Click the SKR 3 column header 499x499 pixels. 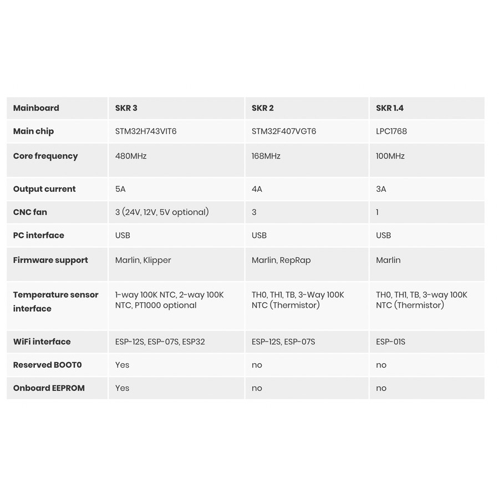126,108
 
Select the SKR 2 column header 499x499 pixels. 262,108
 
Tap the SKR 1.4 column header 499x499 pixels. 390,108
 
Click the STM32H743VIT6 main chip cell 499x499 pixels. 146,131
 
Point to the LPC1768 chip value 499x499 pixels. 391,131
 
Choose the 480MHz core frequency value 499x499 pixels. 131,156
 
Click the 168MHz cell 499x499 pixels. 266,156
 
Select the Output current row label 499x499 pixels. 44,189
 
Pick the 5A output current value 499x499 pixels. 120,189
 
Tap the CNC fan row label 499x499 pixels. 30,212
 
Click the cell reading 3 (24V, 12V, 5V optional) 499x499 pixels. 162,212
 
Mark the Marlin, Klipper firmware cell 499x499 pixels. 143,260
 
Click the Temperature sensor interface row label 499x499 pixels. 55,302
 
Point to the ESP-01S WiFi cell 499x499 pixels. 390,342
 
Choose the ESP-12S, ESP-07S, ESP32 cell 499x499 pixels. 160,342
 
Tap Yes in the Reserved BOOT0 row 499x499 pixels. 122,365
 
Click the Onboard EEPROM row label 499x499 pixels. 49,388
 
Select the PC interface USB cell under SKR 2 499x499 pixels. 259,236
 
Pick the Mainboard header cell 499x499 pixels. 36,108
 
